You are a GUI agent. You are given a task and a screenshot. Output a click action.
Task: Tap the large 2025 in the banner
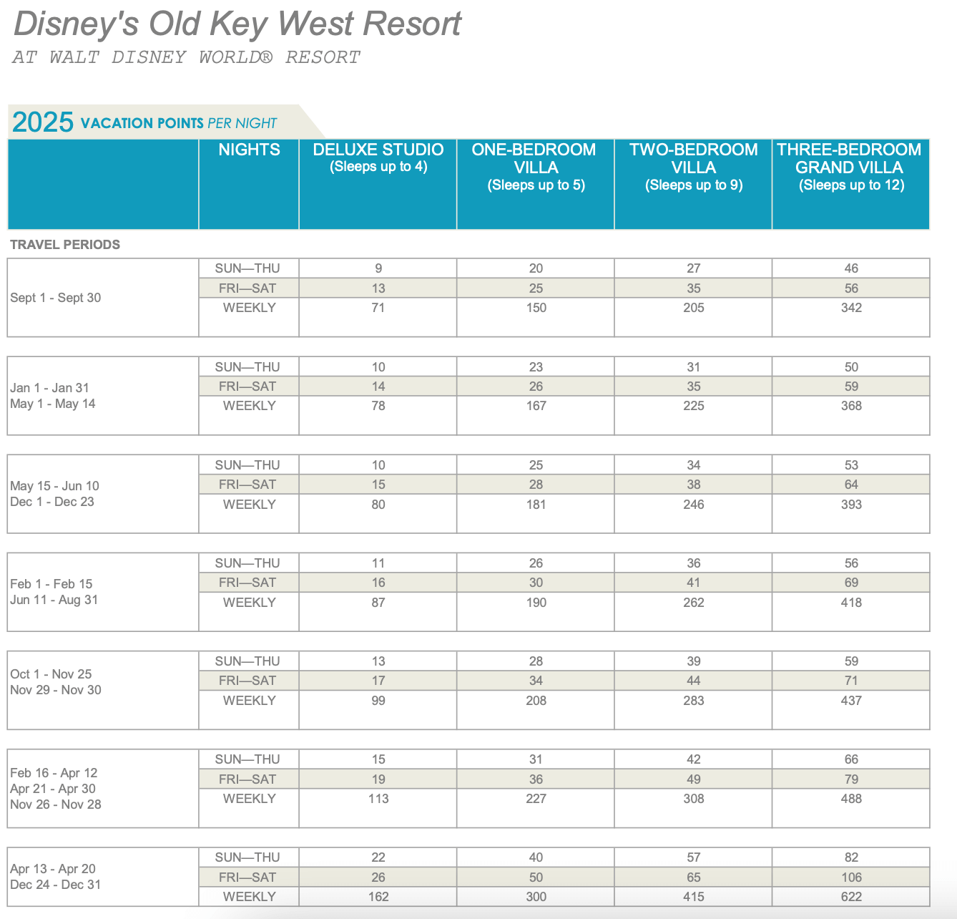(43, 122)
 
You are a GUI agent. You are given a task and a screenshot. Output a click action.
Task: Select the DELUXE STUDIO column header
(378, 150)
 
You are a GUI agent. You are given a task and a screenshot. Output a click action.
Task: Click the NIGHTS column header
(249, 150)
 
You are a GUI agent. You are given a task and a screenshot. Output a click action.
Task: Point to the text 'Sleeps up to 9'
(694, 185)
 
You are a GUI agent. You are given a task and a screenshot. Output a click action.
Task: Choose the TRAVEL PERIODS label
(65, 245)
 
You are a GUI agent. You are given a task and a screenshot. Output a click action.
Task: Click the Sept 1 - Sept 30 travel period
(56, 298)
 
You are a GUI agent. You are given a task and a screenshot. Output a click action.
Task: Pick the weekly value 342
(851, 308)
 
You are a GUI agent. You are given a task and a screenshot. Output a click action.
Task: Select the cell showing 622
(851, 897)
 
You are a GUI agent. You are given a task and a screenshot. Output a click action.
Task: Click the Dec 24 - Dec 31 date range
(56, 885)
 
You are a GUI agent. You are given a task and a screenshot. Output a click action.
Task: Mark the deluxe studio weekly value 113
(378, 799)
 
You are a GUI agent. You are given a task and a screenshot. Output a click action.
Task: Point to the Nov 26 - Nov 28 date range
(56, 804)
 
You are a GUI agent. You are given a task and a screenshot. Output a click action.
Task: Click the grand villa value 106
(851, 877)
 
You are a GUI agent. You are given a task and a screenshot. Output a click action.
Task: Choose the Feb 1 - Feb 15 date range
(51, 584)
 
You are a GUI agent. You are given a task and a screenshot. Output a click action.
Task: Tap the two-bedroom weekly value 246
(694, 505)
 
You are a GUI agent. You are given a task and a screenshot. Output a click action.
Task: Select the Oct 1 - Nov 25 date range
(51, 674)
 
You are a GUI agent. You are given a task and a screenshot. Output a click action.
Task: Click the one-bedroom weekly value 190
(536, 603)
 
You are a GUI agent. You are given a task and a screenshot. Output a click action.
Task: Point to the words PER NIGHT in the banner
(242, 123)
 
